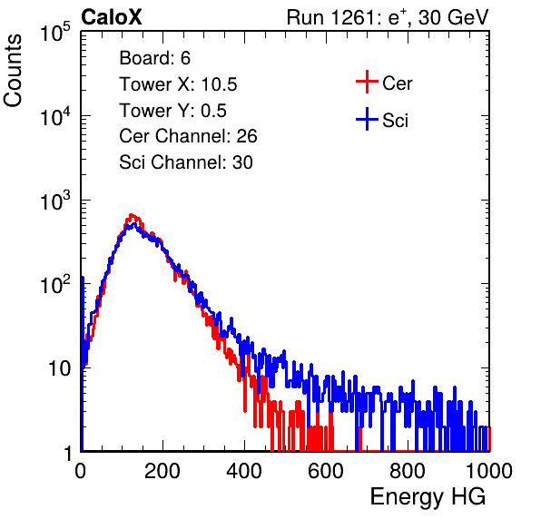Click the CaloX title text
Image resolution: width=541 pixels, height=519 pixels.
click(x=112, y=17)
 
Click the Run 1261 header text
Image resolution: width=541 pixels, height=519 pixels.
click(x=388, y=17)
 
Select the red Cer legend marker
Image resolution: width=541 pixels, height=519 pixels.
click(x=367, y=82)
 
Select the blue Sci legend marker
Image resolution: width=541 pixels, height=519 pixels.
click(x=367, y=120)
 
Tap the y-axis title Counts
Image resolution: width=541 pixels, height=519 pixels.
click(x=13, y=71)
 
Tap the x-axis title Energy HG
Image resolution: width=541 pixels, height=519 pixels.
click(x=428, y=497)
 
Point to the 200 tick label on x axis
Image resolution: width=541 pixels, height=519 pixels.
click(x=162, y=471)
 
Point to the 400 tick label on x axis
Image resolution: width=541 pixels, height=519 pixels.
click(x=244, y=471)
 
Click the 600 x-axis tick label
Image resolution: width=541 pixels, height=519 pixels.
click(x=326, y=471)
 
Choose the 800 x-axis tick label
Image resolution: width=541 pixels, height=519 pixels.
click(x=408, y=471)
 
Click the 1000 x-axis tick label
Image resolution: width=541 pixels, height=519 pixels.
click(x=489, y=471)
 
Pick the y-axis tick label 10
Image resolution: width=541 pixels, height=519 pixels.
click(x=59, y=368)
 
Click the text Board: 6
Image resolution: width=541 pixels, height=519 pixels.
click(x=155, y=58)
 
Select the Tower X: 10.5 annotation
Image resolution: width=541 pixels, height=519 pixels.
click(x=178, y=84)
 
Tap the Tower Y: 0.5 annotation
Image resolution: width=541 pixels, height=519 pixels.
click(x=172, y=111)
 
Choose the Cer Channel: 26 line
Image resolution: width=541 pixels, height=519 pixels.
click(x=188, y=136)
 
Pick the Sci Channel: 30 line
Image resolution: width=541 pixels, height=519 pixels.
click(x=186, y=162)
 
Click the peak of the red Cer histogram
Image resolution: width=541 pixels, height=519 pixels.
click(x=131, y=214)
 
